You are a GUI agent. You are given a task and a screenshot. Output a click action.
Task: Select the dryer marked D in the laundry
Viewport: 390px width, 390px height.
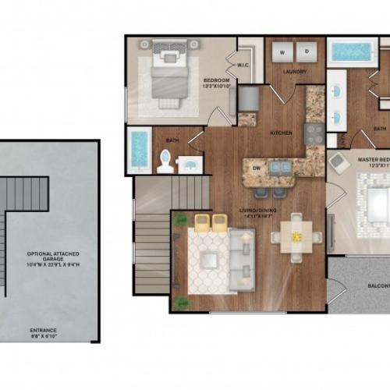tap(307, 52)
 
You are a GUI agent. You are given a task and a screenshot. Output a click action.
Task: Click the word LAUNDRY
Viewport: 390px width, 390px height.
tap(295, 72)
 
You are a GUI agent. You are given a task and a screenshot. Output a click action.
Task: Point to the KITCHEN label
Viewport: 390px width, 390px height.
tap(281, 133)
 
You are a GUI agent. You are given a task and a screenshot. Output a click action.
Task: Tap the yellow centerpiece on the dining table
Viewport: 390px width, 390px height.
tap(296, 233)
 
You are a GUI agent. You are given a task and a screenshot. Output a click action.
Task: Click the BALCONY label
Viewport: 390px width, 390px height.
tap(377, 285)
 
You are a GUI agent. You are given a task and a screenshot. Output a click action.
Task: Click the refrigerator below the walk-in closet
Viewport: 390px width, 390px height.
tap(248, 99)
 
